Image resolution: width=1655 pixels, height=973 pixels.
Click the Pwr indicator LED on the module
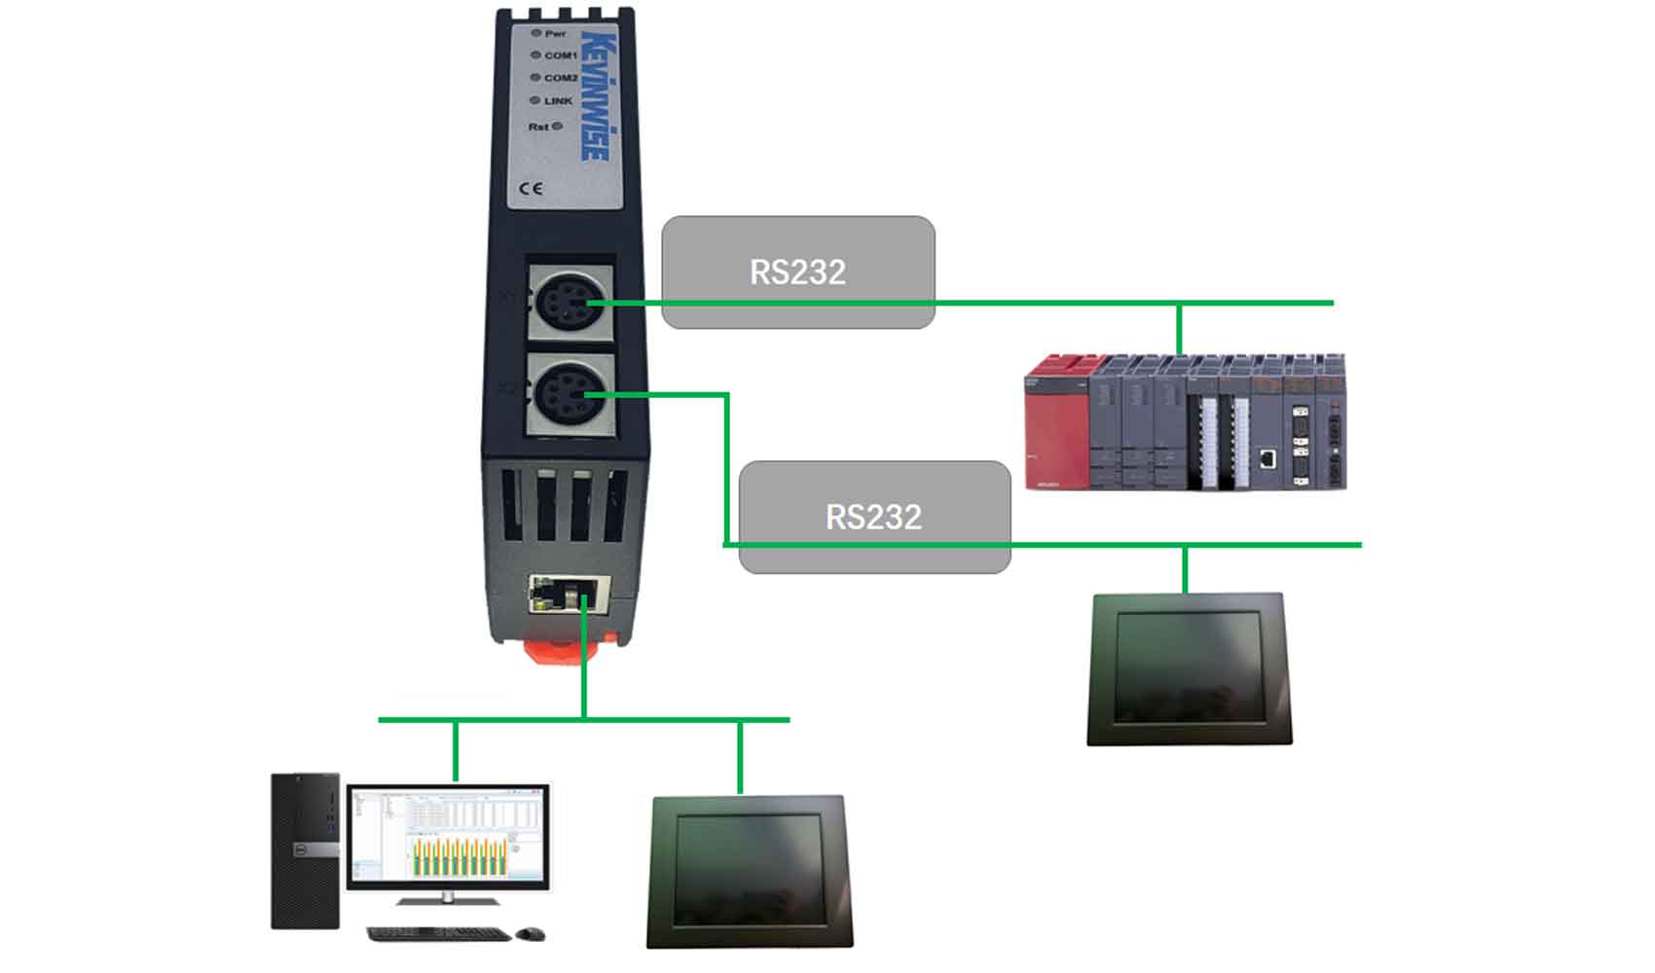(x=536, y=33)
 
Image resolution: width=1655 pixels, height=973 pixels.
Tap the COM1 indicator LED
(x=535, y=55)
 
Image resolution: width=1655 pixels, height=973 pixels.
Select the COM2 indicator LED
(x=535, y=78)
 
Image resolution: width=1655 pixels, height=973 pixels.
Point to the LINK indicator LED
(x=535, y=100)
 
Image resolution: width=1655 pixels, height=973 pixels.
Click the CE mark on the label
(x=532, y=188)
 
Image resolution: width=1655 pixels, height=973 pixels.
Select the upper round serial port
(x=570, y=303)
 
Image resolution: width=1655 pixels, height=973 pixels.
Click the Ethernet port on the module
(x=570, y=594)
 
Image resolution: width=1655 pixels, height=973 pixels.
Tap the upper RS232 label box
(x=798, y=271)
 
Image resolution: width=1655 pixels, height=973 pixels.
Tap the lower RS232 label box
(x=874, y=517)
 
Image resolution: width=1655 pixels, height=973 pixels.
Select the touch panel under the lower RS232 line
(x=1190, y=669)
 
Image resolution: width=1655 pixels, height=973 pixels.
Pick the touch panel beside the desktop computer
(x=749, y=872)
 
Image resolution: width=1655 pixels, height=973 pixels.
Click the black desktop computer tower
(x=306, y=851)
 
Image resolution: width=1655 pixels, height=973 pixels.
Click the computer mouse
(x=531, y=934)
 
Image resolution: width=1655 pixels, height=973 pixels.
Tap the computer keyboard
(x=438, y=934)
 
